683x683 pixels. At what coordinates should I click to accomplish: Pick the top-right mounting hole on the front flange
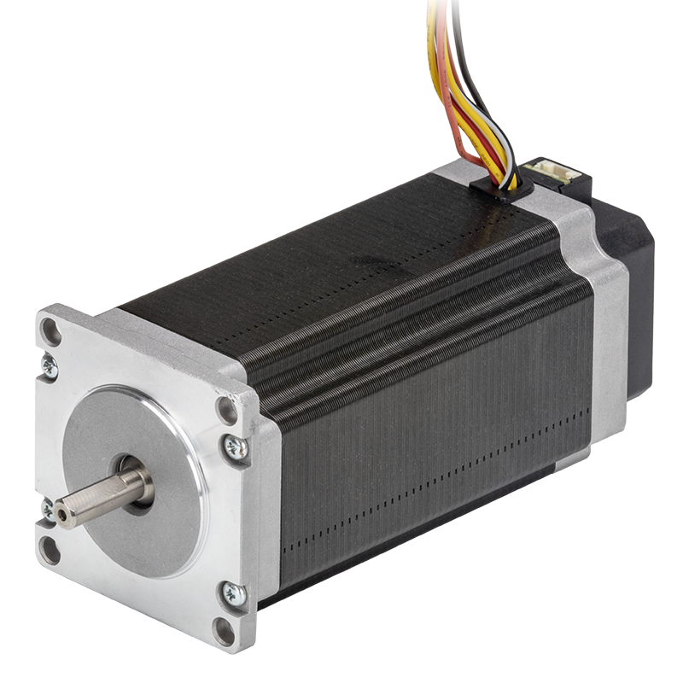(x=227, y=411)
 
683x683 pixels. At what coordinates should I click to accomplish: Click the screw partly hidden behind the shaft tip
(x=48, y=511)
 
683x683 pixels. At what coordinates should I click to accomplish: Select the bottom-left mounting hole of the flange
(x=50, y=549)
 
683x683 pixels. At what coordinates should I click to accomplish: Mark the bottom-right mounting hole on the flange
(x=224, y=630)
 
